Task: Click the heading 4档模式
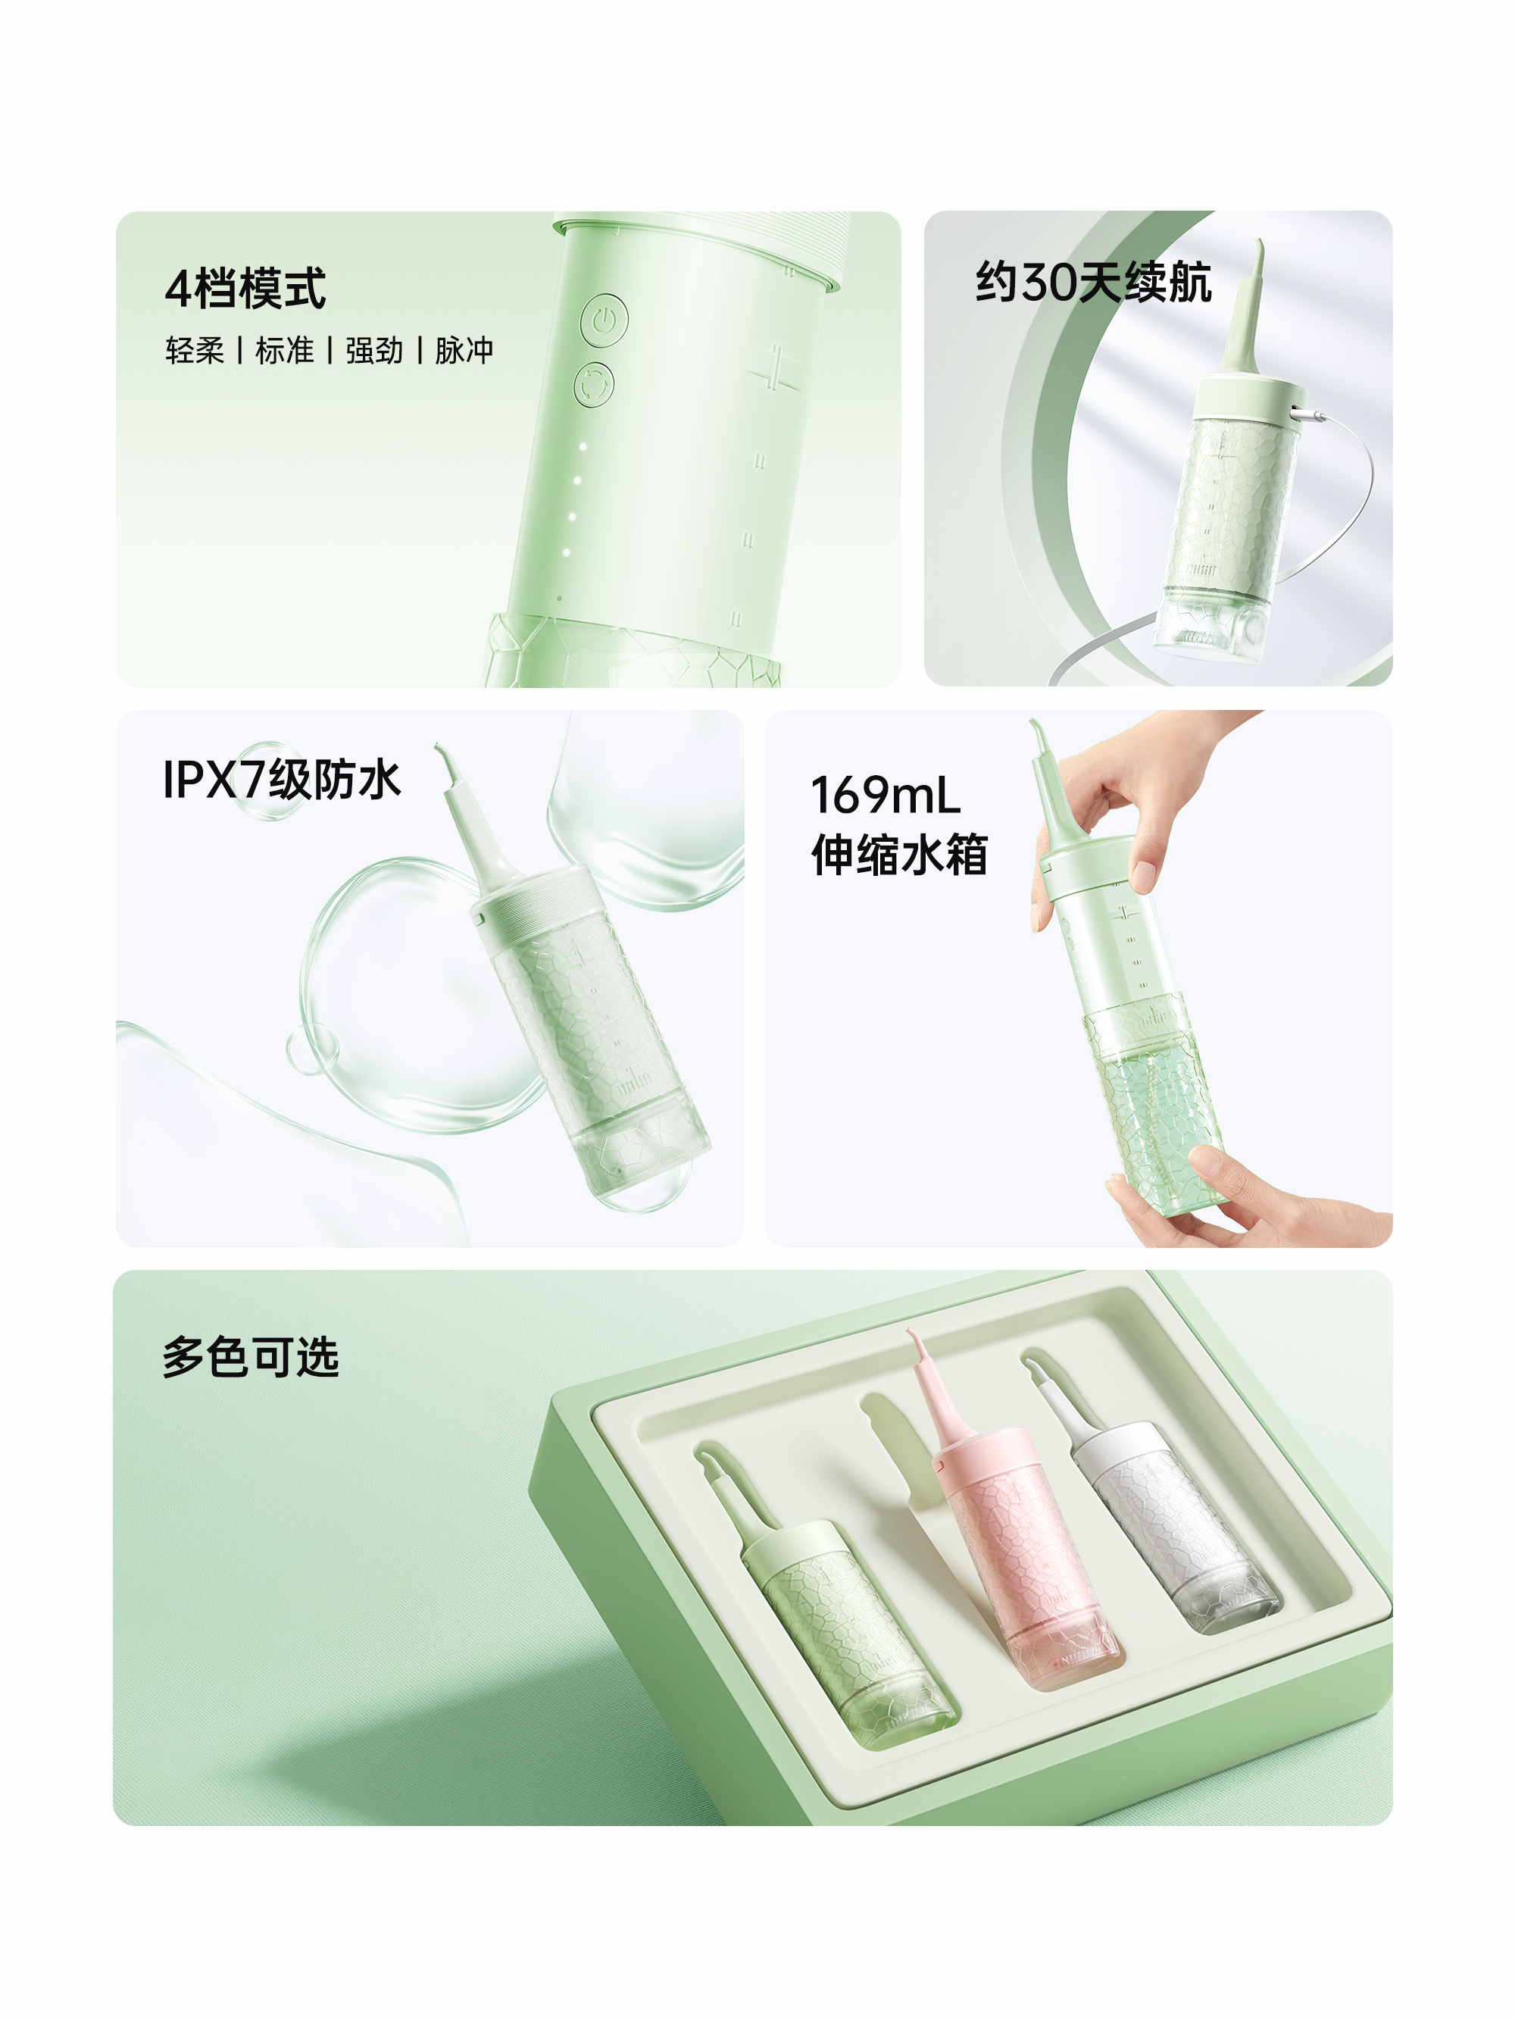coord(245,289)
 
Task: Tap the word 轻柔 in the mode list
coord(195,351)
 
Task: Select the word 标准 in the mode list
coord(284,351)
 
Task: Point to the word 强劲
coord(373,351)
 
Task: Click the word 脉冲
coord(464,351)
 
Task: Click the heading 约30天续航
coord(1093,281)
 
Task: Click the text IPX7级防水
coord(281,780)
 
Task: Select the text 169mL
coord(885,795)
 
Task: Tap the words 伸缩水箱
coord(899,855)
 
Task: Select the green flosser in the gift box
coord(822,1598)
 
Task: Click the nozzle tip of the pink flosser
coord(910,1334)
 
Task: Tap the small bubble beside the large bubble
coord(311,1050)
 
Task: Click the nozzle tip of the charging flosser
coord(1260,243)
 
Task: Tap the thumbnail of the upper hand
coord(1143,874)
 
